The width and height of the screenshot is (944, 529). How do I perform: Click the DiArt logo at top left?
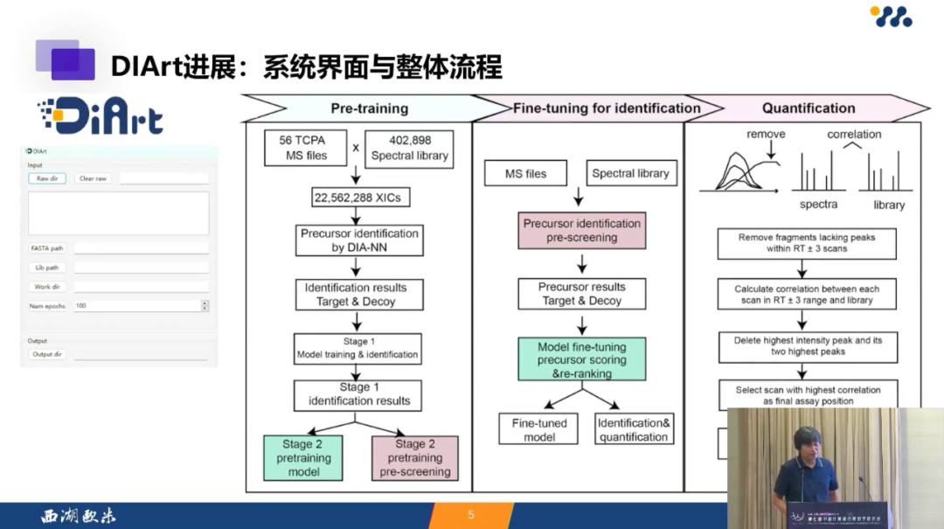click(100, 116)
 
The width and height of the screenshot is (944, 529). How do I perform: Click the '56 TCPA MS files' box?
click(303, 148)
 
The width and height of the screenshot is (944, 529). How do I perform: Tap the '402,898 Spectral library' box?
click(409, 148)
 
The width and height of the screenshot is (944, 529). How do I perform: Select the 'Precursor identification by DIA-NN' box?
click(359, 240)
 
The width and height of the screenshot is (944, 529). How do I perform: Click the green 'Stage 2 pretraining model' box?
click(303, 457)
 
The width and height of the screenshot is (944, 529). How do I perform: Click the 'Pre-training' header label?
click(369, 108)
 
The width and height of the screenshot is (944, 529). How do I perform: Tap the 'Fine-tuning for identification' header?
click(607, 108)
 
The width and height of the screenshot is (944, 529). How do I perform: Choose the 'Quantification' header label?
click(808, 108)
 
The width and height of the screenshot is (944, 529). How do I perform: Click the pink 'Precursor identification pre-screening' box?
click(581, 230)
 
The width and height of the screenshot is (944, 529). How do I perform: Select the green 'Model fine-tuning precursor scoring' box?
click(581, 359)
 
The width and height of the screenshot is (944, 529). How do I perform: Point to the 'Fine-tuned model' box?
click(539, 429)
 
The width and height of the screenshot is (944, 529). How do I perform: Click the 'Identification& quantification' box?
click(634, 429)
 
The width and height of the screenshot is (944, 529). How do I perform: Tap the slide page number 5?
click(471, 515)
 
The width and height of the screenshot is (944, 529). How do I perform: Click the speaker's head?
click(805, 441)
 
